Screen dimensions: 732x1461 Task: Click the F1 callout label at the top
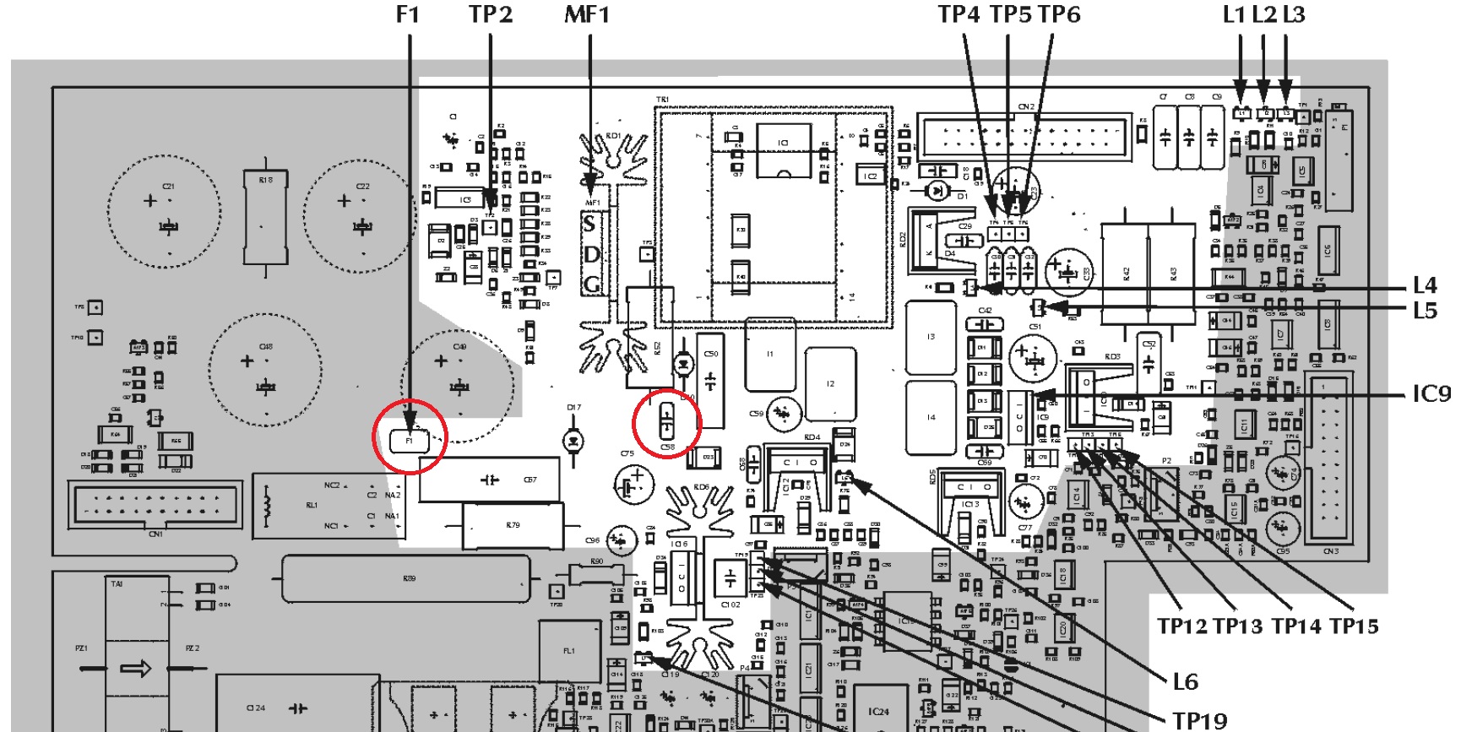[x=408, y=14]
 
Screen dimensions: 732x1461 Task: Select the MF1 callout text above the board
[x=586, y=14]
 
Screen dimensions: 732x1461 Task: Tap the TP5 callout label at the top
[x=1010, y=14]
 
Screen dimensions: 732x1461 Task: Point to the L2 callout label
[x=1263, y=14]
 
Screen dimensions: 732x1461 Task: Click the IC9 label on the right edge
[x=1431, y=394]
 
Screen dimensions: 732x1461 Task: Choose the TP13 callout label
[x=1237, y=626]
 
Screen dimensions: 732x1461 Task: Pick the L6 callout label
[x=1186, y=681]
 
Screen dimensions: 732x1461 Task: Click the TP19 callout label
[x=1199, y=720]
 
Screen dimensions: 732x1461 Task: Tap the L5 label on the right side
[x=1425, y=311]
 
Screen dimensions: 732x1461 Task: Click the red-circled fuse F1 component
[x=410, y=440]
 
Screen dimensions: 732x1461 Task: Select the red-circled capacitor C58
[x=667, y=420]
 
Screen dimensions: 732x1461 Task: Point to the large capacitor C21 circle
[x=164, y=211]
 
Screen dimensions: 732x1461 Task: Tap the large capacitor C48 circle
[x=265, y=370]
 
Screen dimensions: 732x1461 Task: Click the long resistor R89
[x=409, y=578]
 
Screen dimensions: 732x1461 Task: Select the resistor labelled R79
[x=512, y=525]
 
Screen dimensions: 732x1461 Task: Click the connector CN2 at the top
[x=1026, y=135]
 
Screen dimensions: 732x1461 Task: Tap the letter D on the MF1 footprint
[x=592, y=255]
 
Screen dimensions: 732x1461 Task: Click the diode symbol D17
[x=573, y=441]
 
